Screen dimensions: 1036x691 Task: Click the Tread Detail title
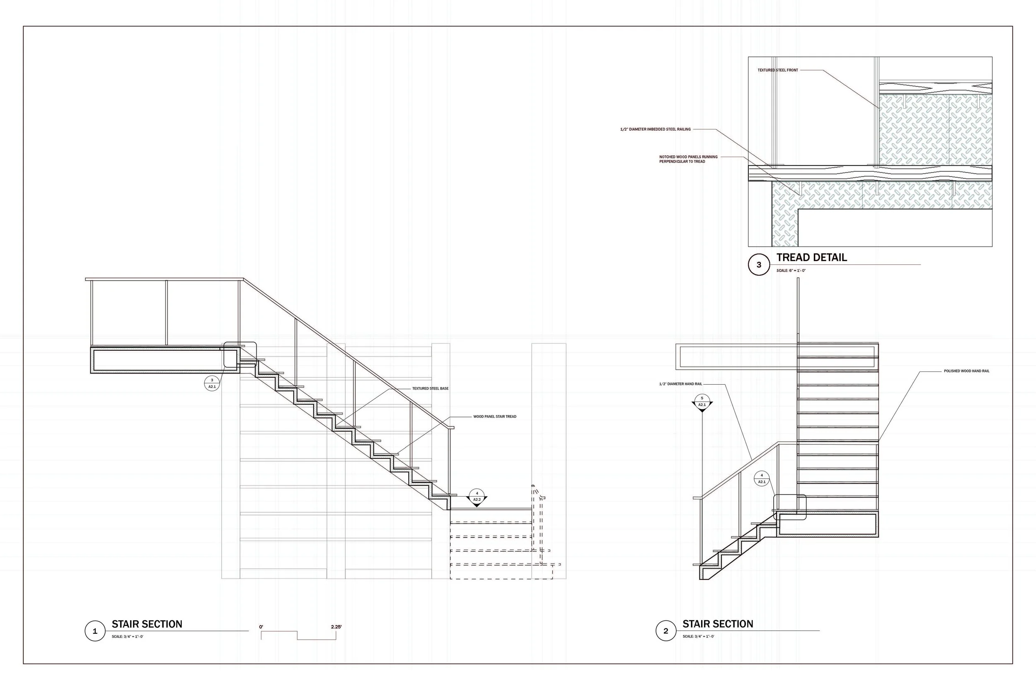(811, 258)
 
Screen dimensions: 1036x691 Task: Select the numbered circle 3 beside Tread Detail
(758, 265)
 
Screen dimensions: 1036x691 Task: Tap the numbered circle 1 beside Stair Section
(95, 631)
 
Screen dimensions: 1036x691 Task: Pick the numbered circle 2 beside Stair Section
(666, 631)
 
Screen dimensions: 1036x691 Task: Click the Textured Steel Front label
(777, 70)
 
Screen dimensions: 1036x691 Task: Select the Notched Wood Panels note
(688, 159)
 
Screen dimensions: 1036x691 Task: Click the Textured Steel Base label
(430, 389)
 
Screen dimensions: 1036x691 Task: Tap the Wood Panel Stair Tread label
(495, 417)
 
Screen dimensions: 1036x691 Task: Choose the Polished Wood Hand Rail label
(966, 371)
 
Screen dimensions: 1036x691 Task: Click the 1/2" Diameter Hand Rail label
(680, 384)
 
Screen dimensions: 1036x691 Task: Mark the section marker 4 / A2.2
(477, 497)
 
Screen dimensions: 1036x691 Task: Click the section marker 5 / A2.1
(702, 402)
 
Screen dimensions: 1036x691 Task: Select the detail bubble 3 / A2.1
(212, 383)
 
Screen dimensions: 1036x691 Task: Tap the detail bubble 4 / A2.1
(762, 479)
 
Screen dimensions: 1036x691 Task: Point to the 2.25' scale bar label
(336, 627)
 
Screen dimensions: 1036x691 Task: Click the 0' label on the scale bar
(261, 627)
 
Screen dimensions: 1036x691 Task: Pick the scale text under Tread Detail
(791, 271)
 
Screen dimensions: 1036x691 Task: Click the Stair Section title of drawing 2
(718, 624)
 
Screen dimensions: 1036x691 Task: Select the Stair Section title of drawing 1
(147, 624)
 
